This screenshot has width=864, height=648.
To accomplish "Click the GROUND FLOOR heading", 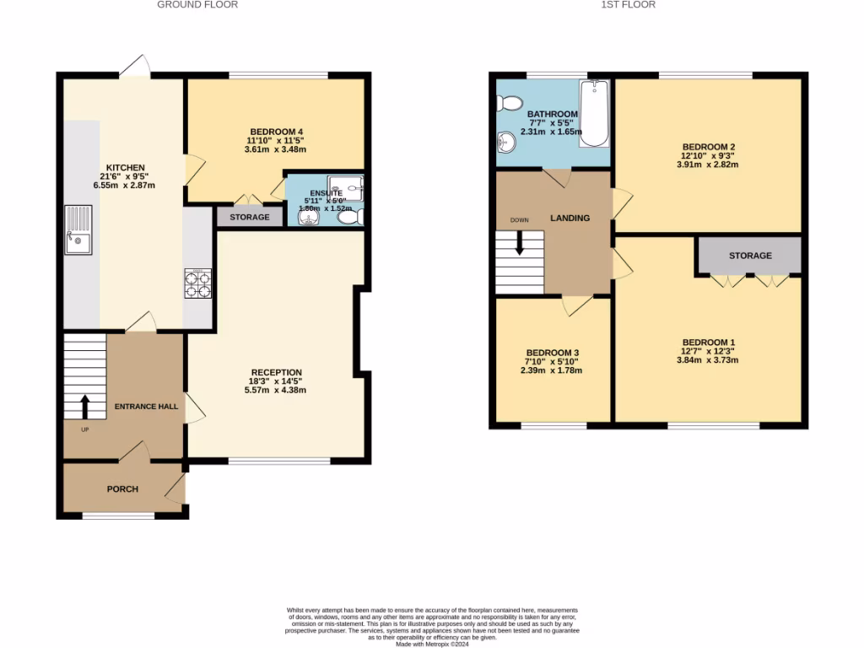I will (x=197, y=4).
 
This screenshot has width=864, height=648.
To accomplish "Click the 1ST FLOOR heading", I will (x=628, y=4).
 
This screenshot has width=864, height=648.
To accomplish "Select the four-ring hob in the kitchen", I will (x=197, y=283).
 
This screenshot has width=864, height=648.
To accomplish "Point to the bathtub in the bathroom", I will (x=593, y=113).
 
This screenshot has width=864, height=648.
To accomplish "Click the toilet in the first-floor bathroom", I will (x=510, y=103).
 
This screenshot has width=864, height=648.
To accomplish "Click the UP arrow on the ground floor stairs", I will (x=84, y=408).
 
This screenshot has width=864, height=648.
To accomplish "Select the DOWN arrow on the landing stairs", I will (x=520, y=243).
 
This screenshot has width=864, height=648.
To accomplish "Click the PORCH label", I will (x=122, y=489).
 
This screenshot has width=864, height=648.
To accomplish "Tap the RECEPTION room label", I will (x=276, y=372).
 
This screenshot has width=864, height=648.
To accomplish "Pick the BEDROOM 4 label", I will (x=275, y=131).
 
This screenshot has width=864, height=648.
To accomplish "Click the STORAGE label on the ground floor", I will (x=250, y=218).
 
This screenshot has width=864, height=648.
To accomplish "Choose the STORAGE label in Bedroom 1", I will (x=750, y=256).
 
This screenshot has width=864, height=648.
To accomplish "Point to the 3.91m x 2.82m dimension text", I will (x=707, y=165).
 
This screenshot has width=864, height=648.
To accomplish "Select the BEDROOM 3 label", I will (x=553, y=353).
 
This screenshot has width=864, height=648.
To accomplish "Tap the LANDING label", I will (x=570, y=219).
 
